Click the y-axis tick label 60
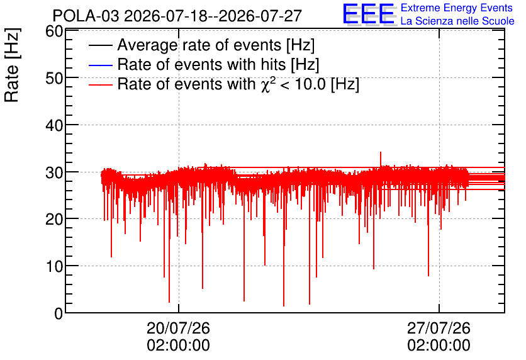click(x=54, y=31)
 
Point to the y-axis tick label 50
click(x=54, y=79)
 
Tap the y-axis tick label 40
click(x=54, y=126)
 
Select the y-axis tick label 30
click(x=54, y=173)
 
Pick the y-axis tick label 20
click(x=54, y=220)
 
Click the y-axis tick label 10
click(x=54, y=267)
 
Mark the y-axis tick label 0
click(x=59, y=314)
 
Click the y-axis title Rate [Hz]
click(x=13, y=65)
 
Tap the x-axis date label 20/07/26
click(x=178, y=328)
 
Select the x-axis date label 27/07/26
click(x=439, y=328)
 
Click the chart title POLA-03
click(x=86, y=16)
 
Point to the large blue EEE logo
click(x=368, y=14)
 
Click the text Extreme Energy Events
click(x=457, y=8)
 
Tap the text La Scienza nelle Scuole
click(x=457, y=21)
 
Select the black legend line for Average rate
click(x=100, y=45)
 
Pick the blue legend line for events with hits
click(x=100, y=65)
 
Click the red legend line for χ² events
click(x=100, y=84)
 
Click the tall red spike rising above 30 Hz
click(x=381, y=159)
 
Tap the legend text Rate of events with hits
click(x=218, y=64)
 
